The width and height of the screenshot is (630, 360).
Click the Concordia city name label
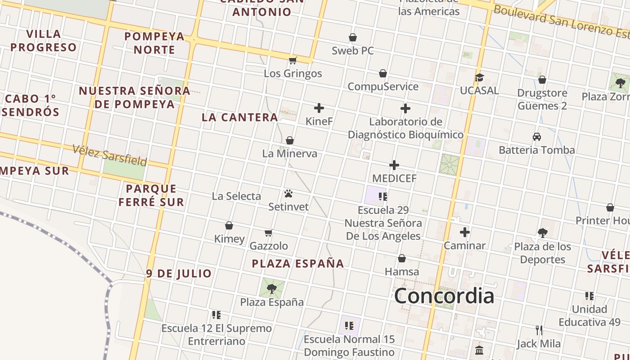pos(444,296)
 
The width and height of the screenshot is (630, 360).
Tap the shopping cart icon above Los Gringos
pos(293,60)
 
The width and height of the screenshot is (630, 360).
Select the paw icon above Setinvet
pos(288,193)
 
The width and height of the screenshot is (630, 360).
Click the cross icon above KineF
pos(319,108)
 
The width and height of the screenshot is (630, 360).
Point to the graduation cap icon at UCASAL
pos(479,77)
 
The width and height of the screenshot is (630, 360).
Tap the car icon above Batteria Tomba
pos(537,137)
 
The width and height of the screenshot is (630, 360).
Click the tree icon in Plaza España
pos(271,288)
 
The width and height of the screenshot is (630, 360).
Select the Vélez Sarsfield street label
pos(110,155)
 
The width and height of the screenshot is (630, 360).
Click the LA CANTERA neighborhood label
pos(240,117)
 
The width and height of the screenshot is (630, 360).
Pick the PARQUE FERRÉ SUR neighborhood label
pos(151,195)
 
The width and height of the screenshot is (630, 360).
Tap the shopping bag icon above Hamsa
pos(402,258)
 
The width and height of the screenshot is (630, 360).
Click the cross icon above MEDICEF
pos(394,165)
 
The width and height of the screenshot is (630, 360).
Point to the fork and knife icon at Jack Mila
pos(539,331)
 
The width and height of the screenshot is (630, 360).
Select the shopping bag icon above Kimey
pos(229,225)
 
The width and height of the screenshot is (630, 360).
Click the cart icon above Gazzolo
pos(269,233)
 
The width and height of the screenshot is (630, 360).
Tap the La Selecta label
pos(236,196)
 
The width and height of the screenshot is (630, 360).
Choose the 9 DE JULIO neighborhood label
pos(179,274)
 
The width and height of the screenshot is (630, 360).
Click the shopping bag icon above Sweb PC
pos(353,37)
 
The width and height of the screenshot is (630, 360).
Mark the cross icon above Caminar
pos(465,232)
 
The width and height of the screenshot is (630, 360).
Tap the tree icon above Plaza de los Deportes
pos(543,233)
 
